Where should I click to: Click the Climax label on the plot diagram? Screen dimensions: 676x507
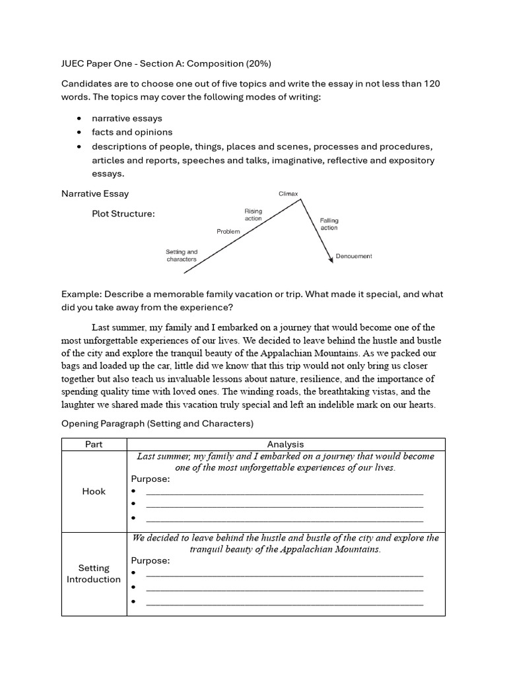(x=288, y=194)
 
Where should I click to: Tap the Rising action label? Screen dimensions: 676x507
(x=253, y=215)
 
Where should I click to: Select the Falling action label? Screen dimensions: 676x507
(x=329, y=224)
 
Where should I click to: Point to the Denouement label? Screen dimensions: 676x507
(x=354, y=256)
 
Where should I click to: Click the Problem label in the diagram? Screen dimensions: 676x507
(x=228, y=232)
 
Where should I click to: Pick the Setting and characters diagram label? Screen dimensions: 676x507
(x=182, y=255)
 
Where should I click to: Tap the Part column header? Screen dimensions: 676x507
(x=94, y=444)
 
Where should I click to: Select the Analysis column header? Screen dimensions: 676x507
(x=286, y=444)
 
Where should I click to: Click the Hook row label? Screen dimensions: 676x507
(x=94, y=491)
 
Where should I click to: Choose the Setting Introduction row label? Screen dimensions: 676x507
(x=94, y=574)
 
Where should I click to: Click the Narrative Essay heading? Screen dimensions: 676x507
(x=95, y=193)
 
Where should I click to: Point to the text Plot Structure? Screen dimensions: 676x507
(x=123, y=214)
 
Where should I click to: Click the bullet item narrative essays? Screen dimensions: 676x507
(x=127, y=118)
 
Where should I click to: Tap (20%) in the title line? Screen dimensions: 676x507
(x=259, y=63)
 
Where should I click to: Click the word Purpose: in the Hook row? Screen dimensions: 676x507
(x=151, y=479)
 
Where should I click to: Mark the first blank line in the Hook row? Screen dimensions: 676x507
(x=285, y=493)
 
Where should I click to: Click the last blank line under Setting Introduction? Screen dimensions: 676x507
(x=285, y=603)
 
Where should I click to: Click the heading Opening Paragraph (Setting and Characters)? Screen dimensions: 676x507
(x=157, y=423)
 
